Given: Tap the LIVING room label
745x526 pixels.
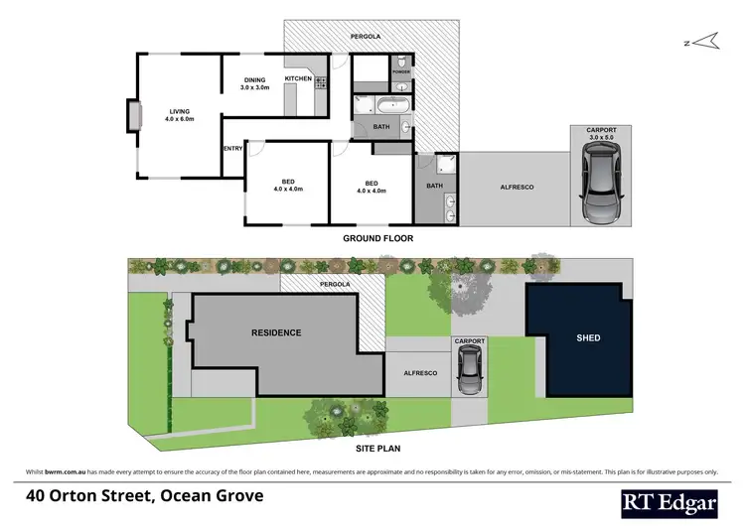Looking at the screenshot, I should click(x=180, y=111).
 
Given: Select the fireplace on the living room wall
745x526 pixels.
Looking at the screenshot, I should click(x=131, y=117).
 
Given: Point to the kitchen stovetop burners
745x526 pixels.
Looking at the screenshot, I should click(x=321, y=83).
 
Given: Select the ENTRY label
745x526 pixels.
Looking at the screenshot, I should click(x=232, y=149).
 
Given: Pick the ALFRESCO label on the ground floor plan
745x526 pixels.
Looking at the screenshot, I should click(x=517, y=186).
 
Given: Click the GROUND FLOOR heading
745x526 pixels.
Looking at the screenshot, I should click(x=377, y=238).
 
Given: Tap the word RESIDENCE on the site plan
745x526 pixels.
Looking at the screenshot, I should click(x=275, y=332).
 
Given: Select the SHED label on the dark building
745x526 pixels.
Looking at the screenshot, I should click(x=588, y=337).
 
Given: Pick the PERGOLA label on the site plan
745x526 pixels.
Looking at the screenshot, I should click(x=336, y=285).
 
